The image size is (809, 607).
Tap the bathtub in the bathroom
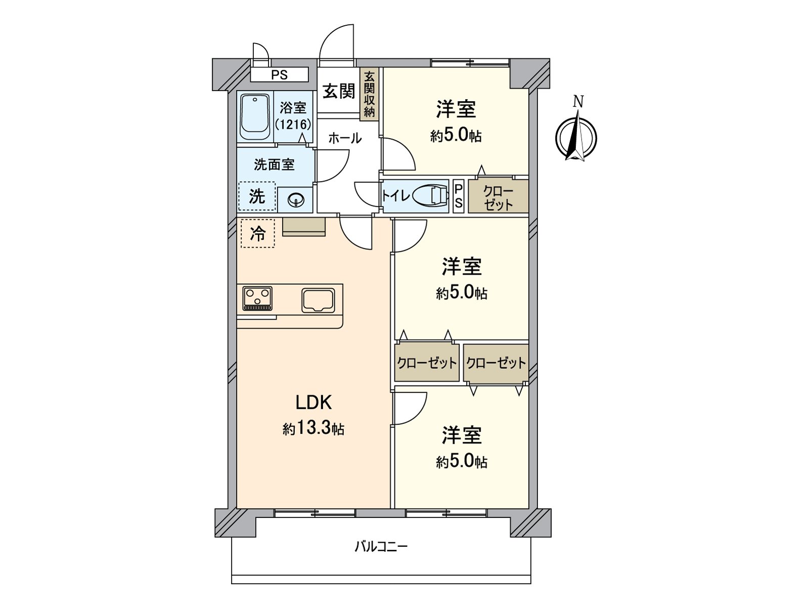pos(255,117)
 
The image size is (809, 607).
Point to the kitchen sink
pos(318,300)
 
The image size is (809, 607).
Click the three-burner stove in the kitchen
pos(257,298)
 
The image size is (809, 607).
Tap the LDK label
pos(313,403)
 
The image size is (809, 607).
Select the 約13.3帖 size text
pos(313,428)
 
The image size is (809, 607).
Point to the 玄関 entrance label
pos(339,91)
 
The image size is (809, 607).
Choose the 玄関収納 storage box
pos(369,95)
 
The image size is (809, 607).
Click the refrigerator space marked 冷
pos(258,233)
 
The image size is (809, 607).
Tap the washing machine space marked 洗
pos(257,196)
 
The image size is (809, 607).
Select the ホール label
pos(345,139)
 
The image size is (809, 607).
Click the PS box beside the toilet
pos(458,196)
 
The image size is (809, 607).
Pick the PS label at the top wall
pos(280,75)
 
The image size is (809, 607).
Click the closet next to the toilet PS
pos(499,196)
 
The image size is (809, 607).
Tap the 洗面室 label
pos(274,165)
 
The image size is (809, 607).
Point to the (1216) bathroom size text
pos(293,124)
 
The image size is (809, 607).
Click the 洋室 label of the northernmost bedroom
pos(456,109)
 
